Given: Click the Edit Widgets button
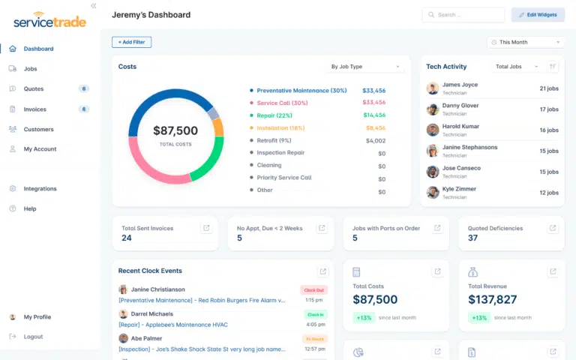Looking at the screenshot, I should click(x=538, y=15).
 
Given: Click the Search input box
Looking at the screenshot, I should click(x=463, y=15).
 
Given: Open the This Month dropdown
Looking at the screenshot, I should click(x=526, y=43).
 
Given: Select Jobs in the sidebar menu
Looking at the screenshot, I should click(x=30, y=69).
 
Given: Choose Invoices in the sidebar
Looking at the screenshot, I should click(x=34, y=109).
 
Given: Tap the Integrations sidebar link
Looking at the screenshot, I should click(x=40, y=189).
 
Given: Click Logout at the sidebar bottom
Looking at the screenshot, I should click(x=33, y=337).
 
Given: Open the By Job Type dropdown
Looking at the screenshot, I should click(x=366, y=67).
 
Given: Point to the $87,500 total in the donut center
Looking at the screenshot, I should click(x=175, y=130).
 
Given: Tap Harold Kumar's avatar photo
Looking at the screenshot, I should click(x=433, y=130).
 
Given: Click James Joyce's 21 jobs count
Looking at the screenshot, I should click(x=548, y=88).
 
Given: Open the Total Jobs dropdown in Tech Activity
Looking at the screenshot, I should click(x=517, y=67).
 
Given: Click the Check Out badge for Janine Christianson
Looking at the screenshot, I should click(x=313, y=289).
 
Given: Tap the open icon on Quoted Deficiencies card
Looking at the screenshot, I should click(x=553, y=228).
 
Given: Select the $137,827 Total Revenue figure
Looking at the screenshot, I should click(x=493, y=300).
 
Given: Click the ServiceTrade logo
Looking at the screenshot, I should click(x=49, y=21).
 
